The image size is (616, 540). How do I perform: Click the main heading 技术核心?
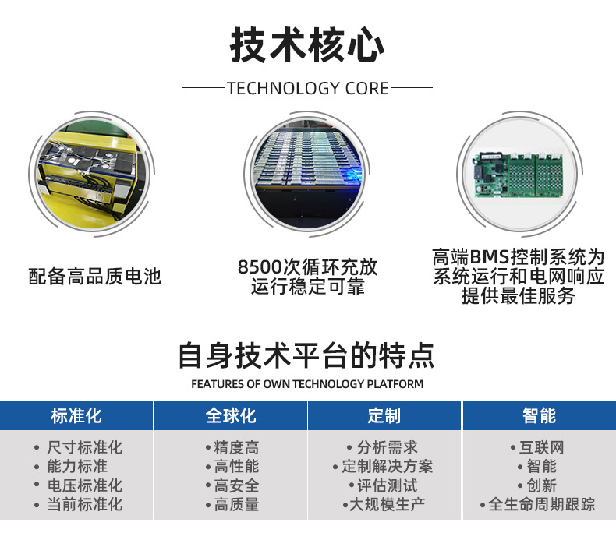pyautogui.click(x=307, y=44)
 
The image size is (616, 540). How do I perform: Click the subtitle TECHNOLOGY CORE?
pyautogui.click(x=307, y=88)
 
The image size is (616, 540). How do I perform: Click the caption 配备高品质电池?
pyautogui.click(x=94, y=276)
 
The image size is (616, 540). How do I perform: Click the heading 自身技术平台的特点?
pyautogui.click(x=307, y=355)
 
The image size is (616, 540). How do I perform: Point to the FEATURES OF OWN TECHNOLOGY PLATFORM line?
pyautogui.click(x=307, y=384)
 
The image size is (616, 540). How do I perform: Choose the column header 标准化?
pyautogui.click(x=76, y=415)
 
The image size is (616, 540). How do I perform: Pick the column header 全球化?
pyautogui.click(x=231, y=415)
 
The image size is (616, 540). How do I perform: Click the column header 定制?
pyautogui.click(x=384, y=415)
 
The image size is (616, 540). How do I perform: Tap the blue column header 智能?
pyautogui.click(x=539, y=415)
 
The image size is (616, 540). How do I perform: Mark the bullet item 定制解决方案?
pyautogui.click(x=387, y=467)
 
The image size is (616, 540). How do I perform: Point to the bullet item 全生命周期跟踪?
pyautogui.click(x=541, y=505)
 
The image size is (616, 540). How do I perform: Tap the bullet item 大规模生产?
pyautogui.click(x=387, y=505)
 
